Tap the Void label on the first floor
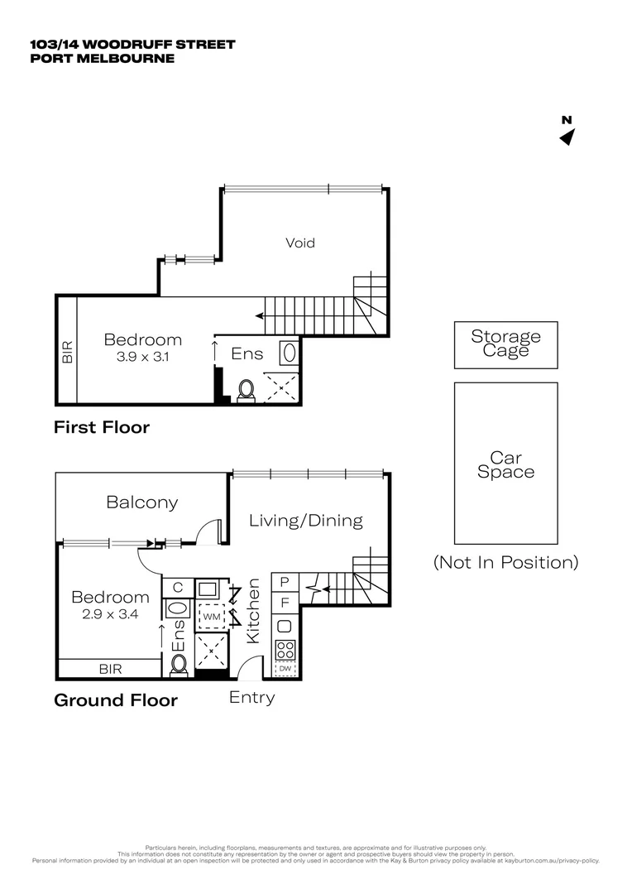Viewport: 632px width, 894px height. click(300, 243)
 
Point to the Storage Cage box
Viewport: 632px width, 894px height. click(505, 344)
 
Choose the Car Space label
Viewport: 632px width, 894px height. click(505, 464)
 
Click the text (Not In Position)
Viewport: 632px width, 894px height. click(505, 562)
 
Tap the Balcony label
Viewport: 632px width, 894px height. click(142, 502)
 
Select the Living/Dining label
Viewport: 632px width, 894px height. click(306, 520)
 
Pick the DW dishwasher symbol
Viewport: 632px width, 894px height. click(285, 668)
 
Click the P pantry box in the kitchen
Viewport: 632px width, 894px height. click(285, 583)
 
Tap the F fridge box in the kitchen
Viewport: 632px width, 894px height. click(285, 603)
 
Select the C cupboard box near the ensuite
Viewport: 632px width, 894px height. click(177, 588)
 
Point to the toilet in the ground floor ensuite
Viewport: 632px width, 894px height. click(178, 664)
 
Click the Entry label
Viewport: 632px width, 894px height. click(251, 697)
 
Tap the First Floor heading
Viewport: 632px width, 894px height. click(102, 427)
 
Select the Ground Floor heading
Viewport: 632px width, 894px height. click(116, 700)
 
